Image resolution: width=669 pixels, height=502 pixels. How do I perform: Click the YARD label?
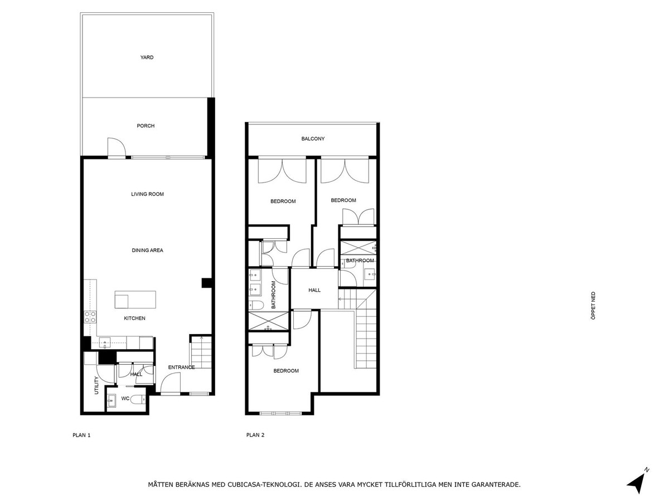(147, 57)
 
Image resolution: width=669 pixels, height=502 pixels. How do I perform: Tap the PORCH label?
(146, 126)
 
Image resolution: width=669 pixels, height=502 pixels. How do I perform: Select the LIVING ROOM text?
(147, 194)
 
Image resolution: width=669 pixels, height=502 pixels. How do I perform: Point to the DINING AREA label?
(147, 250)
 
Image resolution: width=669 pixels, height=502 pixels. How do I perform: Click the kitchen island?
(135, 300)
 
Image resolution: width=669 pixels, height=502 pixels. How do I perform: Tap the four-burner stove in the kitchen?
(90, 317)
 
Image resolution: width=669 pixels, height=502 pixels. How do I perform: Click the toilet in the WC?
(139, 399)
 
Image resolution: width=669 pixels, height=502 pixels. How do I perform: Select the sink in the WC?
(111, 399)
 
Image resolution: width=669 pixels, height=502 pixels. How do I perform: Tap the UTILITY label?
(96, 385)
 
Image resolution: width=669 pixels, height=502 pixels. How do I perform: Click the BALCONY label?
(313, 139)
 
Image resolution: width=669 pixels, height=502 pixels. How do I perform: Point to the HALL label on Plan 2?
(314, 290)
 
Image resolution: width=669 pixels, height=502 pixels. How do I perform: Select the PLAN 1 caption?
(81, 435)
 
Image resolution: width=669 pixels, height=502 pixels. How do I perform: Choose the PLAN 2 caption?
(255, 435)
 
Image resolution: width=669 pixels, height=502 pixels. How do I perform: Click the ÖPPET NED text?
(593, 306)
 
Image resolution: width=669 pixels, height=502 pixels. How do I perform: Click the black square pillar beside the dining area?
(206, 283)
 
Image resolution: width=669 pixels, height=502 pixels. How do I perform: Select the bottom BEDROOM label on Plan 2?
(286, 370)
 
